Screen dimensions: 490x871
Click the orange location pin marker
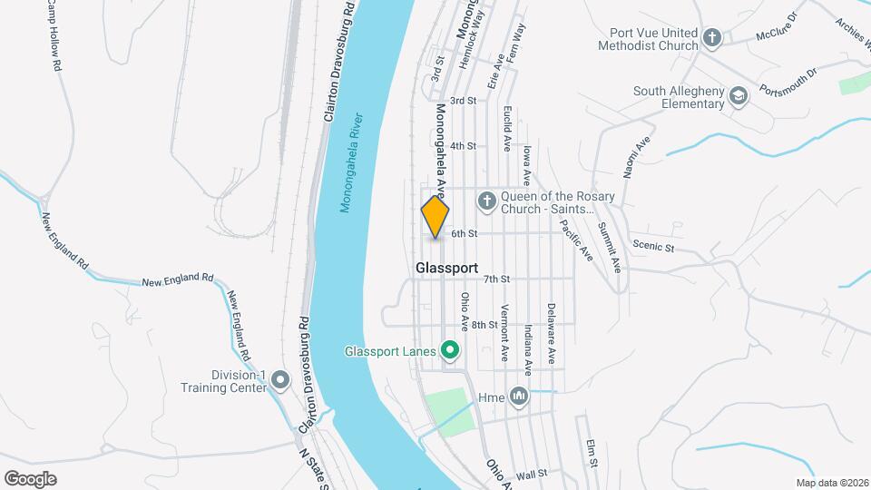[x=435, y=217]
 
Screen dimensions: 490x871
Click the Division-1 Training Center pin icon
[x=280, y=379]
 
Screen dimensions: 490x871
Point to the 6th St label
[x=465, y=234]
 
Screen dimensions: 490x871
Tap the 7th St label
[x=497, y=279]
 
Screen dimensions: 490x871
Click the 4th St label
[x=463, y=145]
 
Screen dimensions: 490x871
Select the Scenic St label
[x=654, y=246]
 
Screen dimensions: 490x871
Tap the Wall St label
[x=532, y=474]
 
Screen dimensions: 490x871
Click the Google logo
[x=31, y=478]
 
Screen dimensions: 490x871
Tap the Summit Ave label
[x=609, y=246]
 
